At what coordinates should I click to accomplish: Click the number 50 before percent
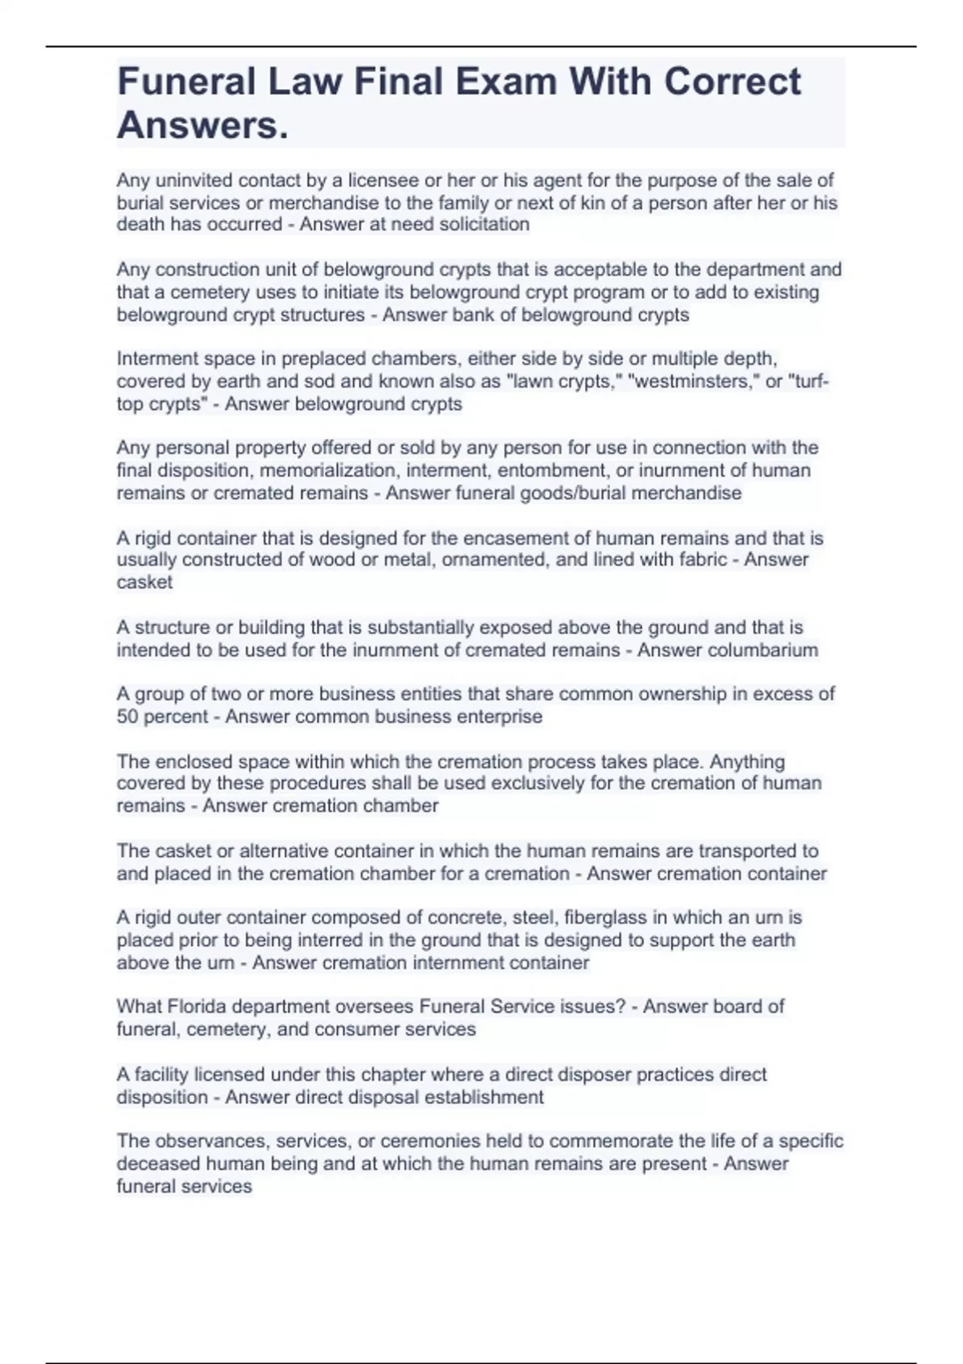pyautogui.click(x=128, y=717)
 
